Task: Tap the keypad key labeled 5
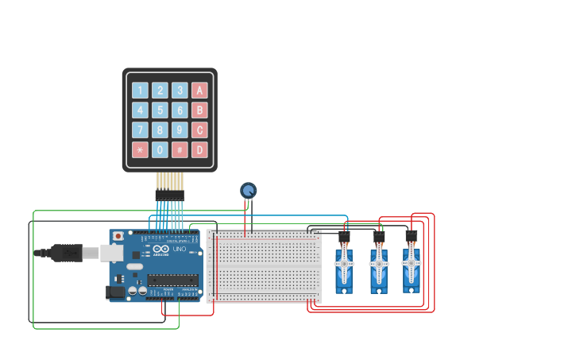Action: [x=160, y=110]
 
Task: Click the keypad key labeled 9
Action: [x=180, y=130]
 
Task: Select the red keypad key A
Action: [x=199, y=91]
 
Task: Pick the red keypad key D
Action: [x=199, y=149]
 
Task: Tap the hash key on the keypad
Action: [x=180, y=149]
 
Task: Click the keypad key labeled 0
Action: [x=160, y=149]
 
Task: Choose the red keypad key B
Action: [x=199, y=110]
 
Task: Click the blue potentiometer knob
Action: [x=249, y=190]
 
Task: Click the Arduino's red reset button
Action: [x=118, y=236]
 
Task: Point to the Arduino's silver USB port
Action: [x=111, y=253]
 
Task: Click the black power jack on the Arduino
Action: [x=115, y=292]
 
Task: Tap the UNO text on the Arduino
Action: [x=180, y=250]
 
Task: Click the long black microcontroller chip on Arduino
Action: [x=172, y=280]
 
